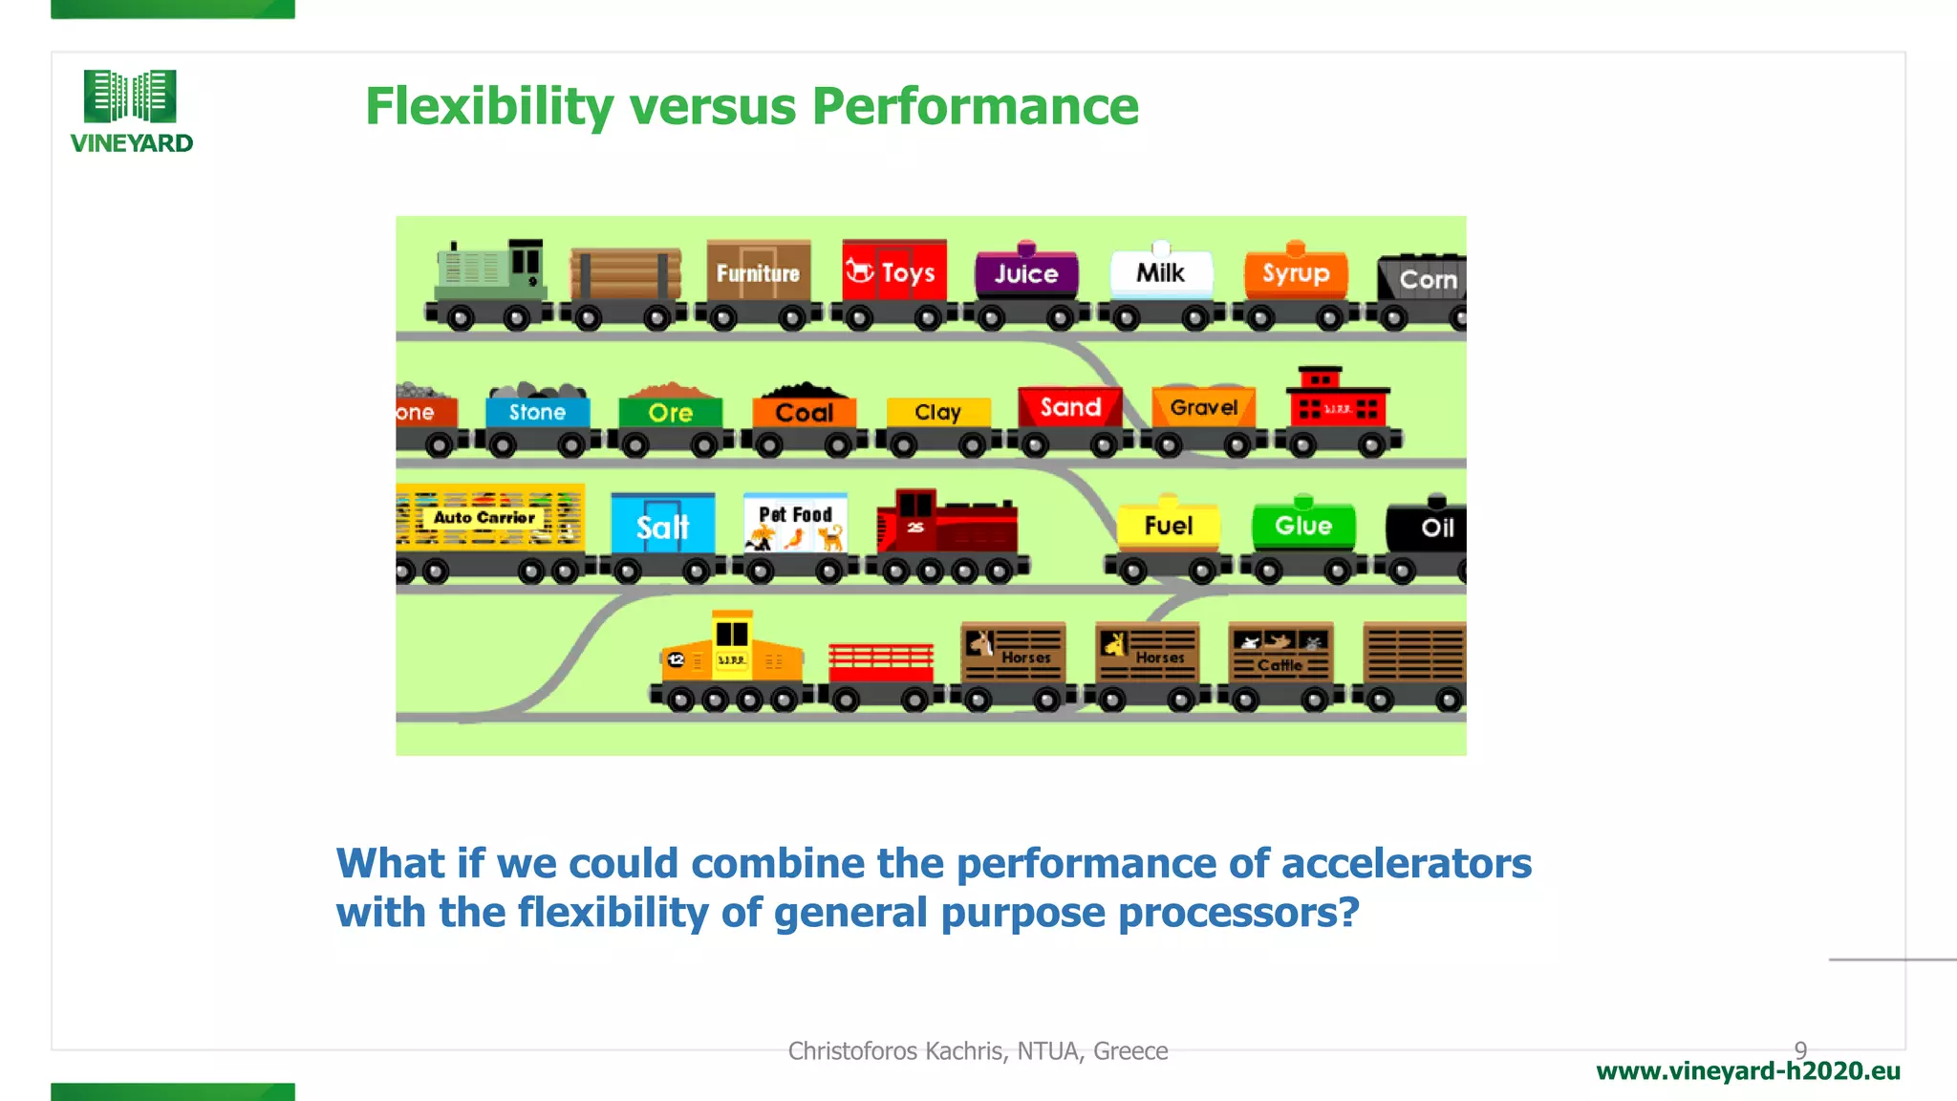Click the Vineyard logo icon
(x=130, y=96)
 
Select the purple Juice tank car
(x=1026, y=274)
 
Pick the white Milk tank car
(x=1160, y=274)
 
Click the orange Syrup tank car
(x=1295, y=274)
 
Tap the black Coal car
(x=804, y=412)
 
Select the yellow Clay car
(x=937, y=413)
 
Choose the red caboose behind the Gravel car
(x=1337, y=406)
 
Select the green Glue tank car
(x=1302, y=526)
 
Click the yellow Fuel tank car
(x=1168, y=526)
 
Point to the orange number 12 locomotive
(x=731, y=659)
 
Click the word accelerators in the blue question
(x=1406, y=863)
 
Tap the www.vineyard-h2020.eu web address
(x=1748, y=1071)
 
